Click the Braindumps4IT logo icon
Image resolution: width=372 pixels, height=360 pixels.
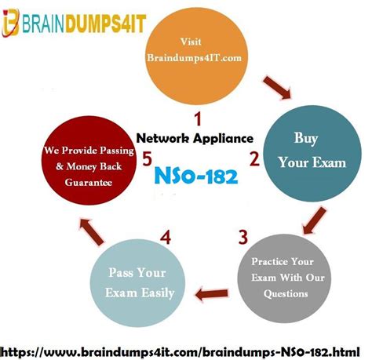tap(10, 23)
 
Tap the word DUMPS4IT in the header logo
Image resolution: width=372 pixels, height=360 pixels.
tap(105, 24)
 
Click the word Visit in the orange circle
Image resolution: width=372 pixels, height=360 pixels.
tap(191, 42)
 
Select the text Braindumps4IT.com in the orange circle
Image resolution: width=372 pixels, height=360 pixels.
tap(195, 58)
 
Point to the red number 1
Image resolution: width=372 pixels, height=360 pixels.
tap(198, 118)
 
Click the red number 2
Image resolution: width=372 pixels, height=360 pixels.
tap(254, 158)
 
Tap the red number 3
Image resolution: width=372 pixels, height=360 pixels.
tap(243, 237)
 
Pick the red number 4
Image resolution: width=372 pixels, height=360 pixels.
tap(166, 238)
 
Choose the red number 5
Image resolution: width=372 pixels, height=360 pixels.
tap(147, 158)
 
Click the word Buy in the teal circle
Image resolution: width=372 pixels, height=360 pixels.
tap(306, 138)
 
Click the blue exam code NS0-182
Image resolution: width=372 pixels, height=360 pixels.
tap(196, 176)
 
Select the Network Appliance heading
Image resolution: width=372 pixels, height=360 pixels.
tap(195, 138)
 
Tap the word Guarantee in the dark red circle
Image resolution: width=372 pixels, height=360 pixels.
tap(89, 182)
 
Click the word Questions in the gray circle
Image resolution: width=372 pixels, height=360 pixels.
tap(286, 293)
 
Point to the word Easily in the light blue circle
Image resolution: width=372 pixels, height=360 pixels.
tap(158, 293)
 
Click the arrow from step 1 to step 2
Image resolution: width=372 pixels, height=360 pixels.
tap(278, 88)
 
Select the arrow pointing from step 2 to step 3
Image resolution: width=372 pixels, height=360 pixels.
tap(314, 220)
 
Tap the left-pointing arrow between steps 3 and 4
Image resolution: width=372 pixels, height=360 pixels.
tap(212, 294)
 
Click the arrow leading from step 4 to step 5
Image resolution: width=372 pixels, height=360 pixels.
tap(92, 231)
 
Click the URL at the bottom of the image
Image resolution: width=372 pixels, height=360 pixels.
tap(181, 351)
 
